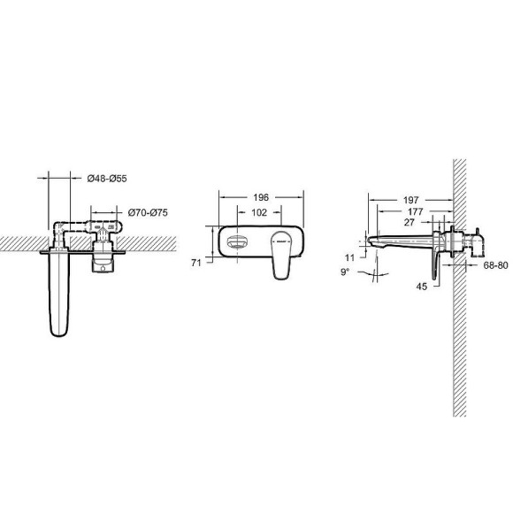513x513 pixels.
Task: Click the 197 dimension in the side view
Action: click(410, 202)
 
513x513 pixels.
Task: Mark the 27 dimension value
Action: click(409, 223)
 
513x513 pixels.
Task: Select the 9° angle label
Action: click(346, 272)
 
